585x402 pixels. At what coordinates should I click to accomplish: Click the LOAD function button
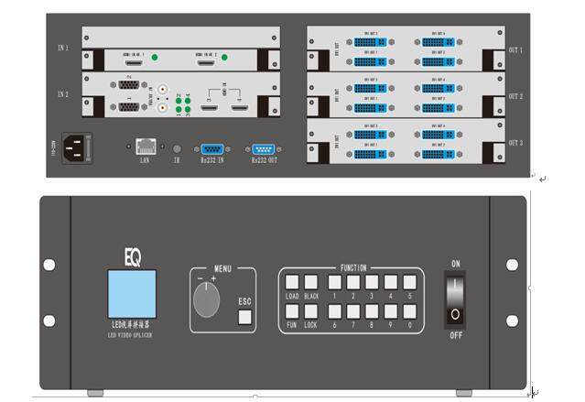[x=292, y=284]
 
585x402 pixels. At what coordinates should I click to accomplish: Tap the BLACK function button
[x=312, y=284]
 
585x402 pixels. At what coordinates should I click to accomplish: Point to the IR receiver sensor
[x=177, y=147]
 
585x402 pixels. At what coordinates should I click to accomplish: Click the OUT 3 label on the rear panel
[x=516, y=144]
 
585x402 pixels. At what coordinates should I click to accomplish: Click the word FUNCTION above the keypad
[x=352, y=268]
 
